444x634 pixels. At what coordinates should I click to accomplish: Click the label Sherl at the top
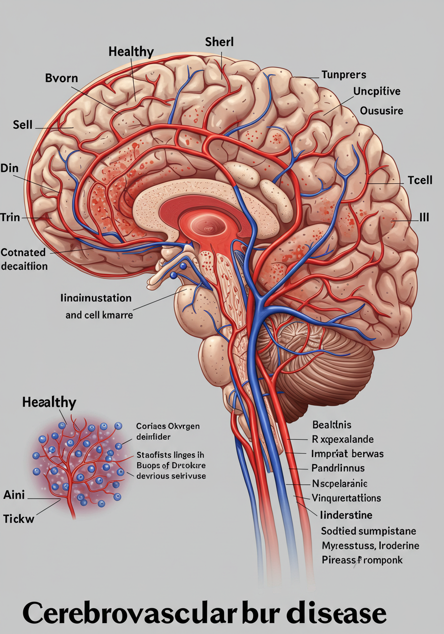219,42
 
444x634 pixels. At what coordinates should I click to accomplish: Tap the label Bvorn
61,78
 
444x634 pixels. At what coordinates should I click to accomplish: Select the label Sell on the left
22,125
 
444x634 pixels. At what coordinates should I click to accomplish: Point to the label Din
9,168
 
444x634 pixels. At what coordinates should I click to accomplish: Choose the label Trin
10,217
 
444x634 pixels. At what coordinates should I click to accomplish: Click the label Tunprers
343,75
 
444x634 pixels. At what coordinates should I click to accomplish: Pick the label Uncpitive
377,91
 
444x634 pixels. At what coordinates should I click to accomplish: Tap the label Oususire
382,110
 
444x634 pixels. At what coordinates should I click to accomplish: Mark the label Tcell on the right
420,180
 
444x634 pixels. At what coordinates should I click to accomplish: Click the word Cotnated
23,252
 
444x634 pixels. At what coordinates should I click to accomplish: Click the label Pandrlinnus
338,468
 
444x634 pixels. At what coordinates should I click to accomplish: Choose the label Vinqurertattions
346,498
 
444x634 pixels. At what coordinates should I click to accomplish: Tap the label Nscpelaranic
339,483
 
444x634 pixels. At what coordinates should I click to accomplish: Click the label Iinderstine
346,515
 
